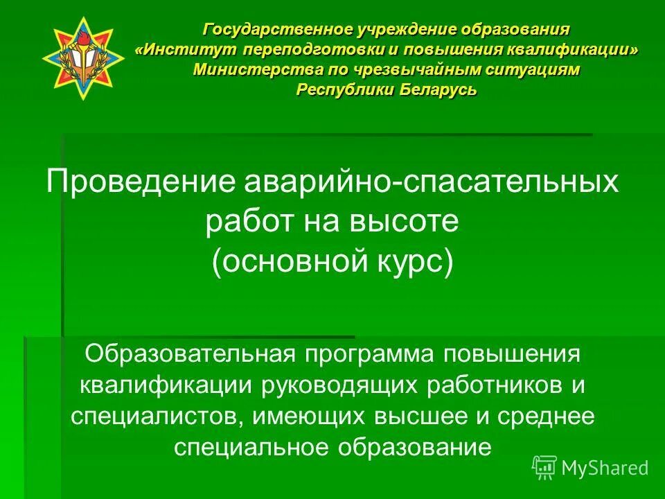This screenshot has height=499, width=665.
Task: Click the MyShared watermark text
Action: [605, 469]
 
